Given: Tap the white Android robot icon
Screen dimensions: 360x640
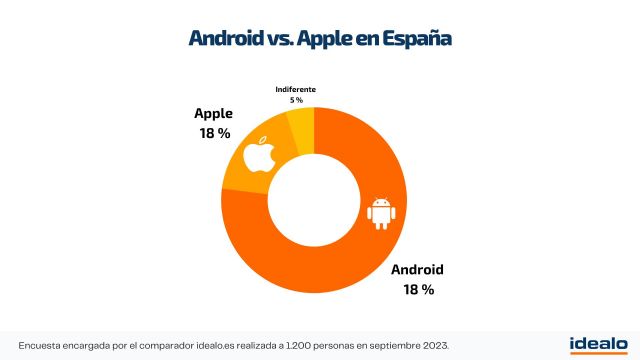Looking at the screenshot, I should click(379, 212).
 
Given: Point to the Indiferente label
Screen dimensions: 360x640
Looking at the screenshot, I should click(296, 89).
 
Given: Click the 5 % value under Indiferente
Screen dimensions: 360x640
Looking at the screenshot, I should click(296, 100).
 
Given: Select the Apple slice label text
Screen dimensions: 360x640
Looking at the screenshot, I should click(214, 113).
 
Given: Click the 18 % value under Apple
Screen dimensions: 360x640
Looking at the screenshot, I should click(214, 133).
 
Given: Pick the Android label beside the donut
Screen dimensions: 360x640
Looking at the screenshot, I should click(417, 269).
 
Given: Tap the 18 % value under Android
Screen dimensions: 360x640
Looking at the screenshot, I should click(418, 289).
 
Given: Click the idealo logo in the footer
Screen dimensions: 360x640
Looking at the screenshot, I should click(598, 344).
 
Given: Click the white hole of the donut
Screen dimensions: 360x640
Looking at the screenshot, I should click(315, 201).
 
